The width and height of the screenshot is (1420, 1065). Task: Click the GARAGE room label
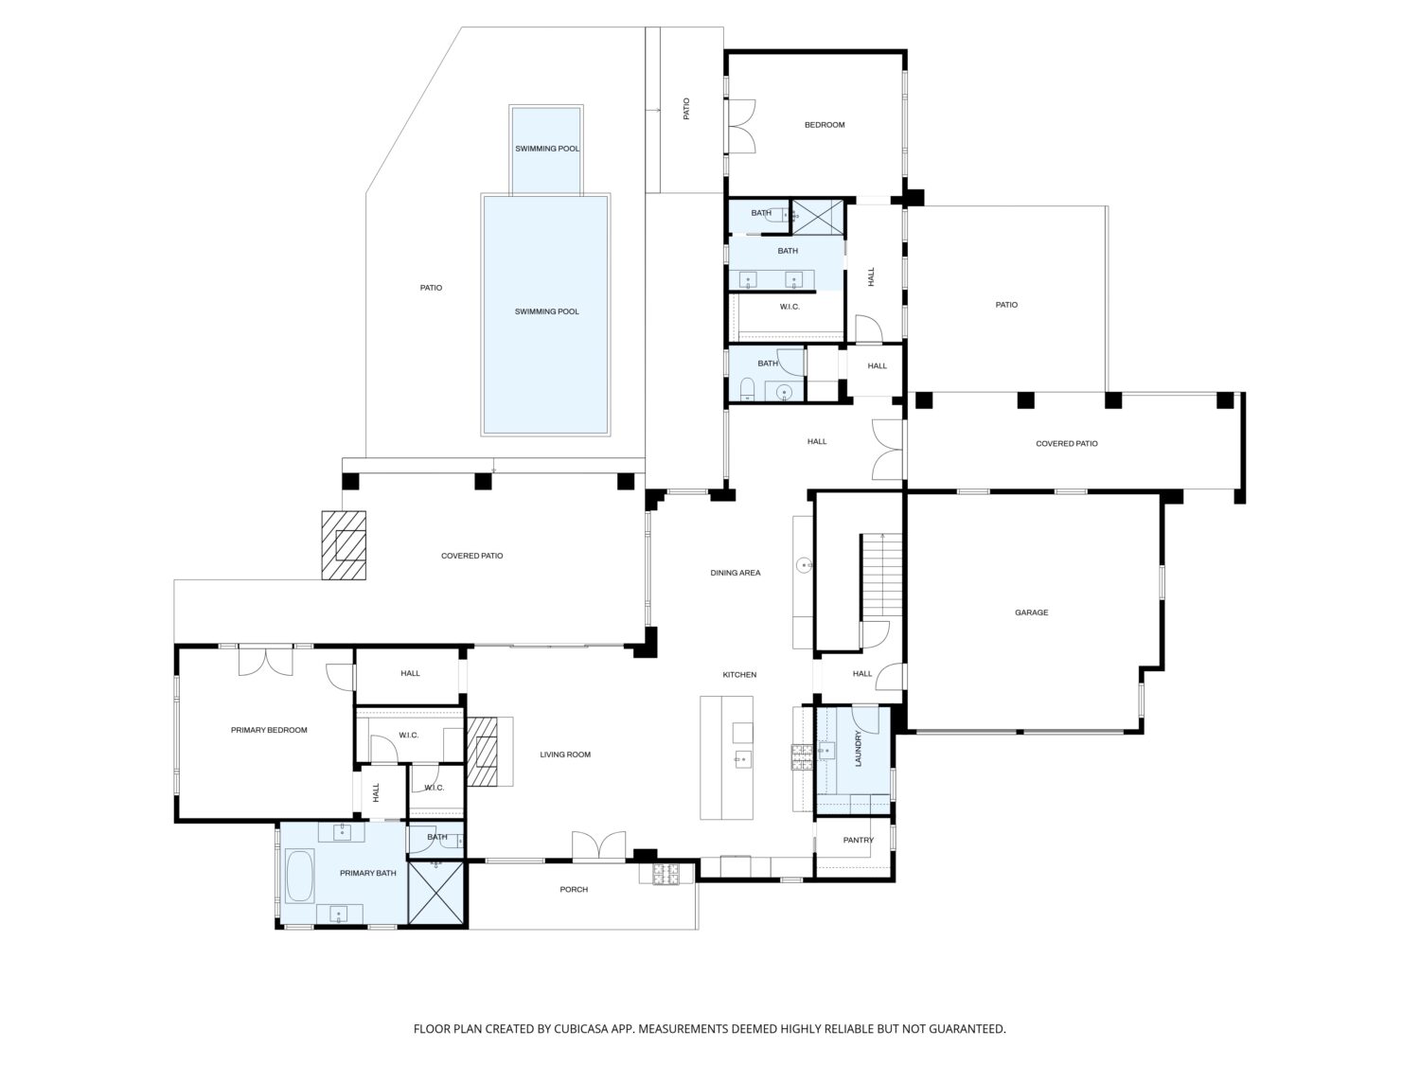[1031, 612]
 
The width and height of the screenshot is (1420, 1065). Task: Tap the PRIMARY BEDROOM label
[269, 730]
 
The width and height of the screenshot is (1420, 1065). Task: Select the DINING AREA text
[736, 573]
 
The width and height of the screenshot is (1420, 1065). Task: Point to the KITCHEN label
[739, 674]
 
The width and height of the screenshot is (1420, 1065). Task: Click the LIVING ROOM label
[565, 754]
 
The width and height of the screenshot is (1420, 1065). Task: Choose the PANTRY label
[859, 840]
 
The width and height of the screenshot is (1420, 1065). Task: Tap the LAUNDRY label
[859, 749]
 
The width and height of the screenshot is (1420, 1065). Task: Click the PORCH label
[574, 889]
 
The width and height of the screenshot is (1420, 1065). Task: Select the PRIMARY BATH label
[368, 873]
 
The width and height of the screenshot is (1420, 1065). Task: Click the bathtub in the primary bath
[299, 876]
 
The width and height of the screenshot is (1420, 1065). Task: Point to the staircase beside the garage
[881, 576]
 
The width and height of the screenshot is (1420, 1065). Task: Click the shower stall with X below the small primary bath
[437, 893]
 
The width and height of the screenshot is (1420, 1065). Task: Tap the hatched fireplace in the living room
[483, 752]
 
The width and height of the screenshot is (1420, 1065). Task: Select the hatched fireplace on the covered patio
[345, 545]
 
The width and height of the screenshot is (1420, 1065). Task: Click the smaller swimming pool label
[547, 148]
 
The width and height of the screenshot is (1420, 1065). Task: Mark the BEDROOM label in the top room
[825, 125]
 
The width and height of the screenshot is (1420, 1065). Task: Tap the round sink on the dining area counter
[804, 565]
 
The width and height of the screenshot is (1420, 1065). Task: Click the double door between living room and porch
[599, 846]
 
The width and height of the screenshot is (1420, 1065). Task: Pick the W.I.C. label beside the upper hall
[790, 307]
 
